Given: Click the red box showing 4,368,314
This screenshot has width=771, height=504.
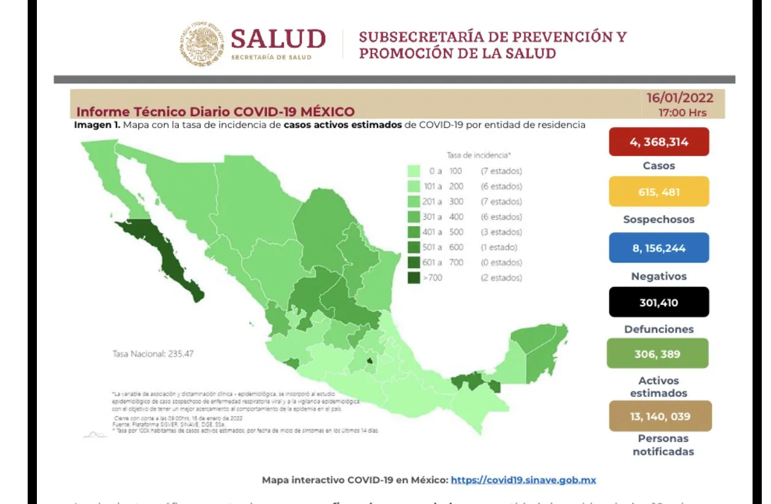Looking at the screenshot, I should tap(658, 142).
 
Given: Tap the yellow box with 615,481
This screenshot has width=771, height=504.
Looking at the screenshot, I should tap(658, 192).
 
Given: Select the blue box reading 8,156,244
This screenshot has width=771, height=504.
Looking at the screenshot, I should tap(658, 248).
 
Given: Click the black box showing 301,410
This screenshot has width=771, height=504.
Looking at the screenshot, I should tap(658, 302).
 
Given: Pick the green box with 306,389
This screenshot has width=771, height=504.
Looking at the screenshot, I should tap(657, 353).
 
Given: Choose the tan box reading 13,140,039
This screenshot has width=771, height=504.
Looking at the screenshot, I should tap(659, 416).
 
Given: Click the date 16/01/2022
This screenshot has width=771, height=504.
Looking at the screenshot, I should tap(679, 98).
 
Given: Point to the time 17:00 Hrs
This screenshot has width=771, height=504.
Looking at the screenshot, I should tap(682, 112).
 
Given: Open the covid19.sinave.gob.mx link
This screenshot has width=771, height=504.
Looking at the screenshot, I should tap(523, 480).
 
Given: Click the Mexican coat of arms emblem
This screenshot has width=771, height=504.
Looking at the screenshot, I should tap(202, 44).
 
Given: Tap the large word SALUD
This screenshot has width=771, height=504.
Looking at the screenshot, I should tap(278, 39).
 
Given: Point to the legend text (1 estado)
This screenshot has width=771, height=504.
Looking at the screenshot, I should tap(499, 247).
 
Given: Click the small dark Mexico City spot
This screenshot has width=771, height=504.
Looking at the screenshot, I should tap(371, 362).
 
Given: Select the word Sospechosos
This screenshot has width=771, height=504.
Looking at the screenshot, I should tap(658, 219).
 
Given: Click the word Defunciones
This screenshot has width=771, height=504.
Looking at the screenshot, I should tap(658, 329).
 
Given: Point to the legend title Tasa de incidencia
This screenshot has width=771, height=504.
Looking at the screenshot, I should tap(478, 156).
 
